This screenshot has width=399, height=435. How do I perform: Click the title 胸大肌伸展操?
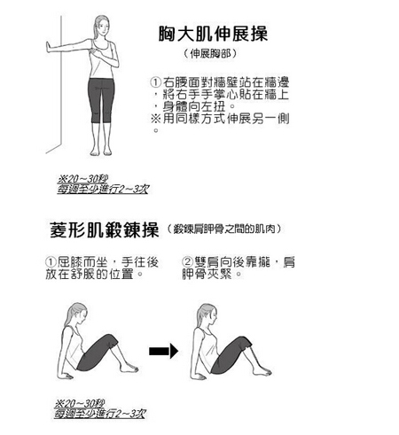click(213, 34)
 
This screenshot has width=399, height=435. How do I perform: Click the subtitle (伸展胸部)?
click(210, 53)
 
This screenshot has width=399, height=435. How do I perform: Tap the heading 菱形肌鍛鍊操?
click(105, 229)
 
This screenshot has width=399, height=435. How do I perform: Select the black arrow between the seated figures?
click(163, 351)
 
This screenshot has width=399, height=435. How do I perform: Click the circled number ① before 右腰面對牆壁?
click(156, 82)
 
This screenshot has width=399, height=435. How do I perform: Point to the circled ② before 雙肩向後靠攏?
click(187, 262)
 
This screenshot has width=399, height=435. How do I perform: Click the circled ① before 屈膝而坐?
click(51, 262)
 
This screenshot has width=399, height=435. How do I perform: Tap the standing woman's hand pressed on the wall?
click(50, 48)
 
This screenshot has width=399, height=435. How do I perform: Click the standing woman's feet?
click(101, 151)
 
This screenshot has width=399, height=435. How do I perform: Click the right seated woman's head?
click(207, 315)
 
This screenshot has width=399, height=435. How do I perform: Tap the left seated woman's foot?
click(129, 368)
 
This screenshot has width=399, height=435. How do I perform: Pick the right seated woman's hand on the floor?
click(200, 377)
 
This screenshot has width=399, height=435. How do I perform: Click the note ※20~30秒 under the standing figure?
click(82, 179)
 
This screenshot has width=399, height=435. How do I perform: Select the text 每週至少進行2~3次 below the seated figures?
click(99, 414)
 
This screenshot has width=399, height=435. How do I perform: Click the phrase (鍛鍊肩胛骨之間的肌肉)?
click(223, 229)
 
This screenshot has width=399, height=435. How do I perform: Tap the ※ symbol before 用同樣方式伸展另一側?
click(156, 119)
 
